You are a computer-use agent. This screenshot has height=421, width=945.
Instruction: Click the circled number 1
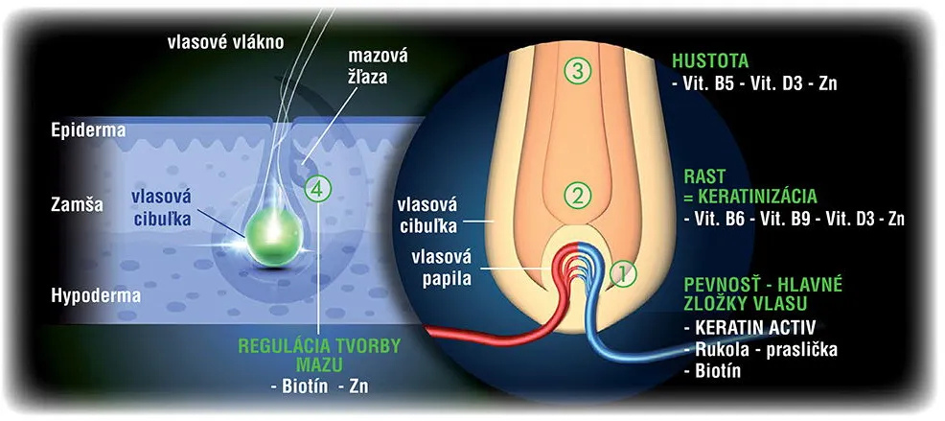pyautogui.click(x=623, y=273)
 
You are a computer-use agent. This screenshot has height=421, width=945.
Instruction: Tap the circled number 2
pyautogui.click(x=576, y=197)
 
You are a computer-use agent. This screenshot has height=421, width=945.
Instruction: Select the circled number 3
pyautogui.click(x=576, y=69)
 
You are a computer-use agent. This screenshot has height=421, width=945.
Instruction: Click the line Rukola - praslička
pyautogui.click(x=762, y=349)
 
